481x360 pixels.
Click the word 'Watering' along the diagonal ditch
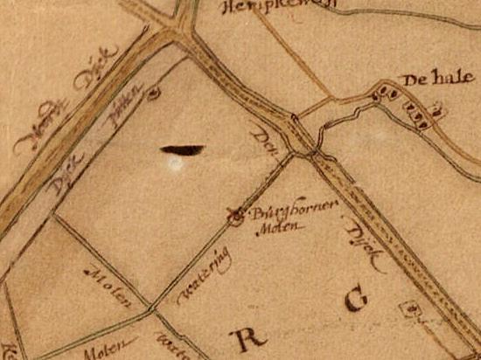(x=204, y=274)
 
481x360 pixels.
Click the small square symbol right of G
(x=406, y=308)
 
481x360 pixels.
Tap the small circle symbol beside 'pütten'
(x=155, y=89)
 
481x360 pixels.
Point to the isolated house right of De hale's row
(x=438, y=110)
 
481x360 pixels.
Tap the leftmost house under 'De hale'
(x=379, y=91)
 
